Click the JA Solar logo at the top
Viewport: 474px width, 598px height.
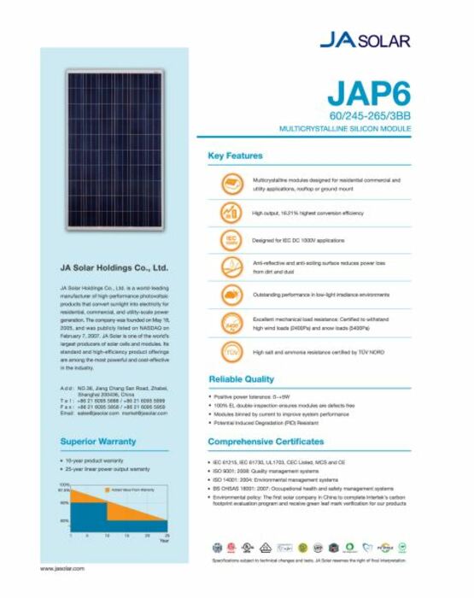(x=365, y=40)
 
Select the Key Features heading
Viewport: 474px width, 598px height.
(x=236, y=156)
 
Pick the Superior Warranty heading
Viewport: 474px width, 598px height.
(x=98, y=442)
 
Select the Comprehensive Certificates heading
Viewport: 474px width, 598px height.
(x=266, y=442)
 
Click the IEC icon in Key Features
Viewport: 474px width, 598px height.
(x=230, y=239)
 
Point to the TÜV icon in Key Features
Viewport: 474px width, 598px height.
(x=230, y=351)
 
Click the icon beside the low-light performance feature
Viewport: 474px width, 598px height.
(x=230, y=295)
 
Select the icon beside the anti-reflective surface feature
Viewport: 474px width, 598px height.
(x=230, y=267)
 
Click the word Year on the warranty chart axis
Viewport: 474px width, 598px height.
(x=163, y=541)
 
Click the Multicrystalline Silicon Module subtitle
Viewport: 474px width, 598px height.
(x=346, y=126)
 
